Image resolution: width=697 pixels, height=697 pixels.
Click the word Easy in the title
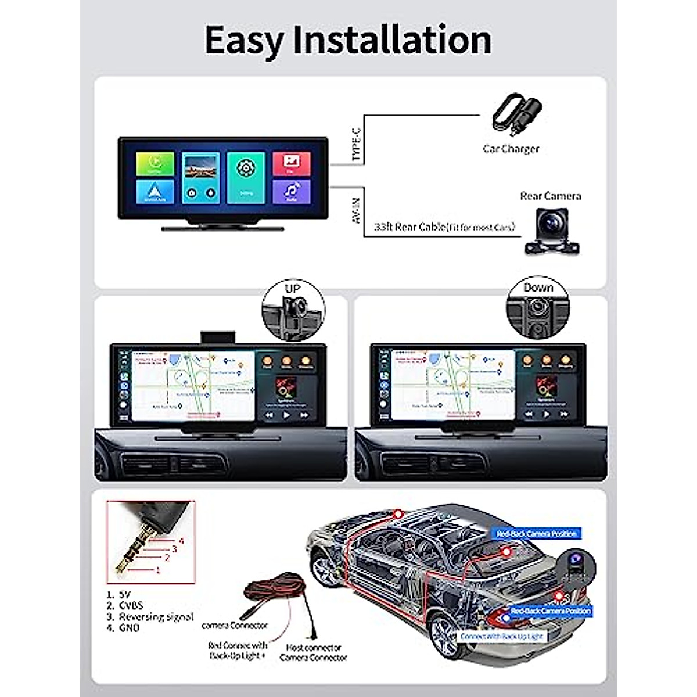[243, 41]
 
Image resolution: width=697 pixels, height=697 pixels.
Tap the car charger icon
[516, 115]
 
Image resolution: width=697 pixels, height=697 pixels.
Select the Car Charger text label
[511, 149]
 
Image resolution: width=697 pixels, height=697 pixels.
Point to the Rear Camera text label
[550, 196]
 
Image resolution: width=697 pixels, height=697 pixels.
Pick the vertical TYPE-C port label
[356, 146]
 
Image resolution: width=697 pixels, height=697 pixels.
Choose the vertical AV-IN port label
[356, 210]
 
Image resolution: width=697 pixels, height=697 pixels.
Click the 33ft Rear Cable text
[444, 227]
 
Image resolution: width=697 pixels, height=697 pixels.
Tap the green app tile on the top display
[155, 163]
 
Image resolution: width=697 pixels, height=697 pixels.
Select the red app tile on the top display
[291, 163]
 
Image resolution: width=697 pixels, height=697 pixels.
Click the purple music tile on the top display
[291, 191]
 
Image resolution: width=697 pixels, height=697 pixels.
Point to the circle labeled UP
[293, 309]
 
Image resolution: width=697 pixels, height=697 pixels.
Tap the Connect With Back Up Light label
[502, 637]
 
